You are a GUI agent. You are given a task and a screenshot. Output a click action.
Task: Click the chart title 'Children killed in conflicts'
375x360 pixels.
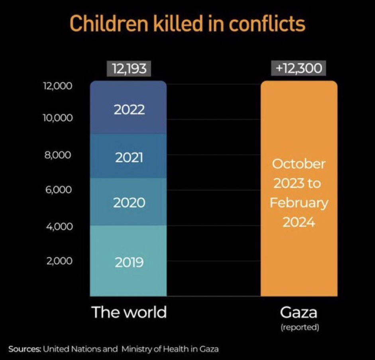coord(187,24)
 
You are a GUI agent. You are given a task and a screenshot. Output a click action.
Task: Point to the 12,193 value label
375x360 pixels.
coord(129,68)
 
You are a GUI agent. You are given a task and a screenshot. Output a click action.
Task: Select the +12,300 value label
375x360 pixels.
coord(299,68)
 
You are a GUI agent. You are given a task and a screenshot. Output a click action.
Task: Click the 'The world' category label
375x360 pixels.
coord(129,312)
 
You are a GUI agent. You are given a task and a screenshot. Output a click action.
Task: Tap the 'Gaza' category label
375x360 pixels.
coord(298,312)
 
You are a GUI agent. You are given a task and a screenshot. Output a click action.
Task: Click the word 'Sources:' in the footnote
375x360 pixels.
coord(25,349)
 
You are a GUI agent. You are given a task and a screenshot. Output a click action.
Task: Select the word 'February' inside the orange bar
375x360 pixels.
coord(299,202)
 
